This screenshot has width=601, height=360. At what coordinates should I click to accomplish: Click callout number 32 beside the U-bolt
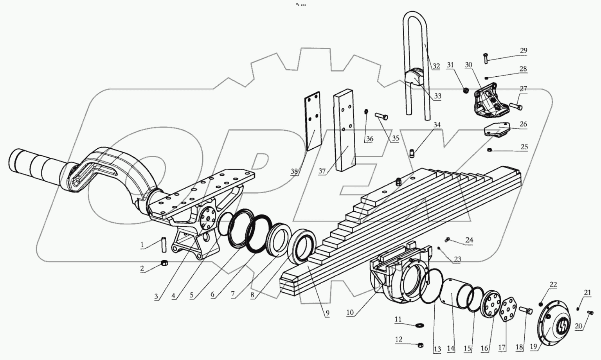[436, 66]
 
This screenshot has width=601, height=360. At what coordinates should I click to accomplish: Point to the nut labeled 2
[165, 263]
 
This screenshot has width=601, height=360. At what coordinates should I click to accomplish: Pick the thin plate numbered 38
[313, 121]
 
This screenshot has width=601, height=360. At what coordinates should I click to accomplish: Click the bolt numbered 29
[486, 58]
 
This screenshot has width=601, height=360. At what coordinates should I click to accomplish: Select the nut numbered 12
[421, 345]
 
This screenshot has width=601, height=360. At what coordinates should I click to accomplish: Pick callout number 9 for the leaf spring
[327, 313]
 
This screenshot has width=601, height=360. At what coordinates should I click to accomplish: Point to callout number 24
[469, 240]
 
